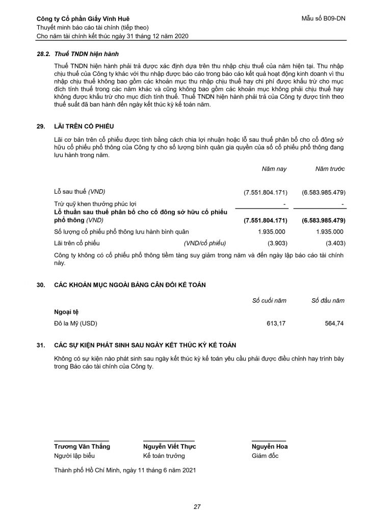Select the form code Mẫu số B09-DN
pyautogui.click(x=323, y=19)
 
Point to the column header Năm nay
pyautogui.click(x=274, y=168)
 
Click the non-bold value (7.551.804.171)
pyautogui.click(x=266, y=192)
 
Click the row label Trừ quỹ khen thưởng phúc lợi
pyautogui.click(x=93, y=203)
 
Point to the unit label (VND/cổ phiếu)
pyautogui.click(x=205, y=243)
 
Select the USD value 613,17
pyautogui.click(x=277, y=323)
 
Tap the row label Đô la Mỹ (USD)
pyautogui.click(x=76, y=323)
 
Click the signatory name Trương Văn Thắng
pyautogui.click(x=82, y=447)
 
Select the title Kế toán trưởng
pyautogui.click(x=164, y=456)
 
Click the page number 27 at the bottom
pyautogui.click(x=197, y=507)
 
